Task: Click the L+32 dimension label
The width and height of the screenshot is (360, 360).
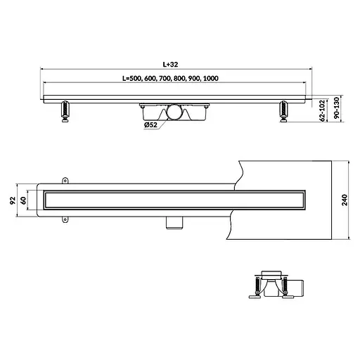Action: [x=170, y=64]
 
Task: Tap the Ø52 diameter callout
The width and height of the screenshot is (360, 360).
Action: [x=150, y=125]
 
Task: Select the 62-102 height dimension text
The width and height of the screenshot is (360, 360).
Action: [x=323, y=110]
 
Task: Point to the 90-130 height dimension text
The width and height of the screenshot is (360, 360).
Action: [x=336, y=108]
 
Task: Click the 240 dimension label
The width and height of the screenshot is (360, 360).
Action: [x=345, y=200]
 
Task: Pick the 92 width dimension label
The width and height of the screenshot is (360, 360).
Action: [x=13, y=200]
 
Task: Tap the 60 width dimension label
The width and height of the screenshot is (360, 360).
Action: [x=23, y=200]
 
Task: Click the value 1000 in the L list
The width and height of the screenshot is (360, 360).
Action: [x=211, y=78]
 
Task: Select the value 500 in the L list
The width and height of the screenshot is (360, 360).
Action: [x=135, y=78]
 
